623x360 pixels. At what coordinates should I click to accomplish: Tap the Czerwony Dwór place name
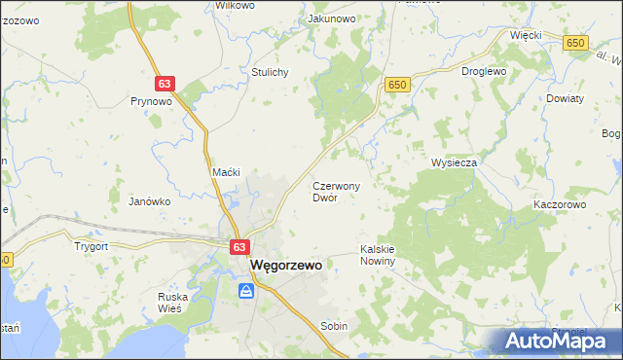tap(337, 191)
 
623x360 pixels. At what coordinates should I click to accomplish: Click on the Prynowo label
tap(151, 100)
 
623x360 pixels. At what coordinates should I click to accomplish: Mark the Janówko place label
tap(150, 201)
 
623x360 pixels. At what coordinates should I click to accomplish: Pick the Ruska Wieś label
tap(177, 303)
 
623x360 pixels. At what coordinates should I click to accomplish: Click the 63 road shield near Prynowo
tap(165, 85)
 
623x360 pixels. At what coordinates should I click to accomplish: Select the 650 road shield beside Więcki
tap(576, 43)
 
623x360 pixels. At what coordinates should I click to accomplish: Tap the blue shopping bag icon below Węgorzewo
tap(246, 291)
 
